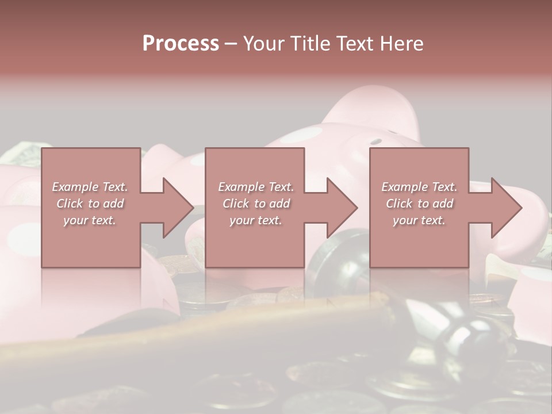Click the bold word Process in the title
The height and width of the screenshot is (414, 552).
tap(181, 43)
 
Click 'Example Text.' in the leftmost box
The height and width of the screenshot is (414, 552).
tap(90, 187)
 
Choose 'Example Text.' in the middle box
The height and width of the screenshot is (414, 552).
tap(256, 187)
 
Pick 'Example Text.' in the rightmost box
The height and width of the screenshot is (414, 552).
tap(419, 187)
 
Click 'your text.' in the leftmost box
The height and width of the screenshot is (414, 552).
tap(90, 220)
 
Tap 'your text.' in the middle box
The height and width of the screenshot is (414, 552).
tap(256, 220)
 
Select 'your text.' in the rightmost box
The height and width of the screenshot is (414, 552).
tap(419, 220)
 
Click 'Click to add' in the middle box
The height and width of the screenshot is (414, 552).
tap(256, 204)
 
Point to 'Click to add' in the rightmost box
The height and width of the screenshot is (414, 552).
tap(419, 204)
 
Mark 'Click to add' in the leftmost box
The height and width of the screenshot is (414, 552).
tap(90, 204)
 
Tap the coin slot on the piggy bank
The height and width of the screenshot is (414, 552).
tap(375, 141)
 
